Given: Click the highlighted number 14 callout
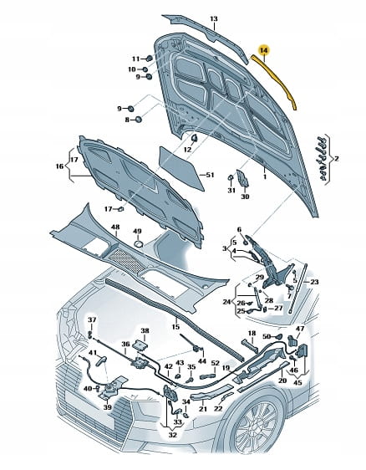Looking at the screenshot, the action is pos(264,50).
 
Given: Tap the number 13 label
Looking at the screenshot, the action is pos(214,19).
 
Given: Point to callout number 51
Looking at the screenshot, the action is pos(211,175).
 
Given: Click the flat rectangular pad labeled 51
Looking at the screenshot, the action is pos(181,168).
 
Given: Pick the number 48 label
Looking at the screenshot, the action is pos(115,227).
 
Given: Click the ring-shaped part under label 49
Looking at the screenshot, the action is pos(138,243).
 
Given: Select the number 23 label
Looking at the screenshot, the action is pos(314,282).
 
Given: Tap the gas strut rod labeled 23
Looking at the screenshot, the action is pos(298,289).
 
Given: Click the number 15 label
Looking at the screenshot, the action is pos(175,326).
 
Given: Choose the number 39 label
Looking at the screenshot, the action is pos(107,407).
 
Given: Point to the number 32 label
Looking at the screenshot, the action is pos(173,435).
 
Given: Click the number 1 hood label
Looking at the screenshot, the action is pos(265,176).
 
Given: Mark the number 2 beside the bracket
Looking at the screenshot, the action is pos(337,158).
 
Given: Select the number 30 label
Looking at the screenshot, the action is pos(245,197).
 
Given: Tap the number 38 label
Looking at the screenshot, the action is pos(145,330).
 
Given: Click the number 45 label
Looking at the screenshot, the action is pos(297,383).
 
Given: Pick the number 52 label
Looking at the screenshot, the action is pos(215,363).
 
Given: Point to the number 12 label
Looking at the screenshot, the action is pos(187,150).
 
